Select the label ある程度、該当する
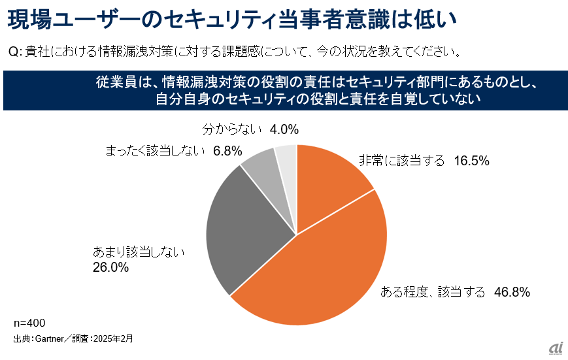tap(432, 293)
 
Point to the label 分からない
tap(233, 129)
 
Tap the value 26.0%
tap(110, 267)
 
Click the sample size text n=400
tap(29, 323)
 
